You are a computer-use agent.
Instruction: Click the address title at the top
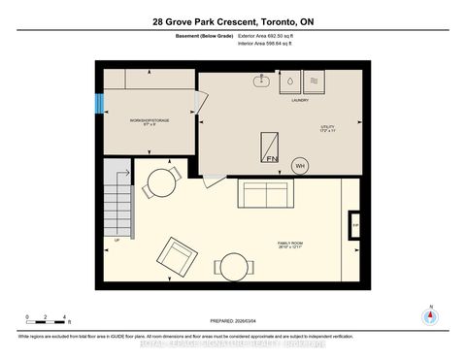click(x=233, y=22)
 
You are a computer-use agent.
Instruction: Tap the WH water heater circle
click(x=301, y=165)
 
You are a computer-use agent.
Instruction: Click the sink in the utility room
click(x=262, y=81)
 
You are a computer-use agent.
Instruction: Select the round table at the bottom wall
click(x=233, y=267)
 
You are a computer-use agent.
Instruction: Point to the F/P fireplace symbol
click(x=355, y=226)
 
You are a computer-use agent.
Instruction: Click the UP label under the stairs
click(x=117, y=239)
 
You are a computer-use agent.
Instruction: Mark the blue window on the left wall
click(x=97, y=101)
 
